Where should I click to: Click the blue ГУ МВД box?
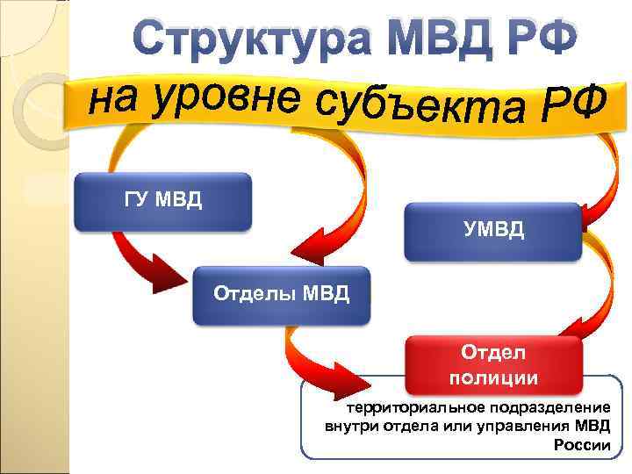(x=162, y=201)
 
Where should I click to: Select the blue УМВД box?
(x=492, y=232)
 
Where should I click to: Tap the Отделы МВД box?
(x=282, y=293)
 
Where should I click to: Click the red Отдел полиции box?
(x=492, y=365)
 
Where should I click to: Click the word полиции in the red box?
(x=492, y=378)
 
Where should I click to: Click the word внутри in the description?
(x=349, y=427)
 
